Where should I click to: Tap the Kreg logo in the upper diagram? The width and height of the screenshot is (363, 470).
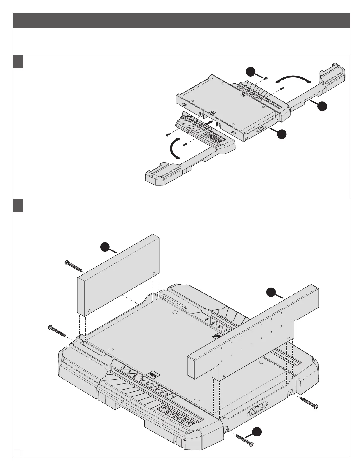(x=262, y=130)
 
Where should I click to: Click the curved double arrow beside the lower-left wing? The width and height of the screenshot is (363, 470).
(x=174, y=147)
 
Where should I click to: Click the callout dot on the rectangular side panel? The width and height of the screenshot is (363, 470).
(x=105, y=247)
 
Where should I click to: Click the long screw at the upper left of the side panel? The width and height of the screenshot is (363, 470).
(x=73, y=266)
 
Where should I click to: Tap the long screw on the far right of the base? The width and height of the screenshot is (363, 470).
(x=309, y=403)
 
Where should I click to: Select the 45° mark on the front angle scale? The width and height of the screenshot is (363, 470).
(x=123, y=368)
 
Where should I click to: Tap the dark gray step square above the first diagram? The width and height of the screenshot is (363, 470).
(x=18, y=61)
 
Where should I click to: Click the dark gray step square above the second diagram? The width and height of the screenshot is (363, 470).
(x=18, y=206)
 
